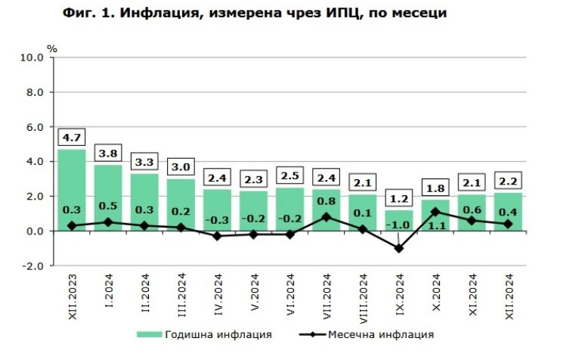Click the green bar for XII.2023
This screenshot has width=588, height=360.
pyautogui.click(x=71, y=189)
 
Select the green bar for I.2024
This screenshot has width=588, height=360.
pyautogui.click(x=107, y=197)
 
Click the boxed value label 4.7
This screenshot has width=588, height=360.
pyautogui.click(x=71, y=138)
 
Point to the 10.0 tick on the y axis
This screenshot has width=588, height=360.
pyautogui.click(x=34, y=57)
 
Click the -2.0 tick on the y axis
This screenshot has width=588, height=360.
pyautogui.click(x=34, y=266)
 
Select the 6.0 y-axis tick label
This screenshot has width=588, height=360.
pyautogui.click(x=36, y=127)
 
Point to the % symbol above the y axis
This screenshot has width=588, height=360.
pyautogui.click(x=51, y=48)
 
